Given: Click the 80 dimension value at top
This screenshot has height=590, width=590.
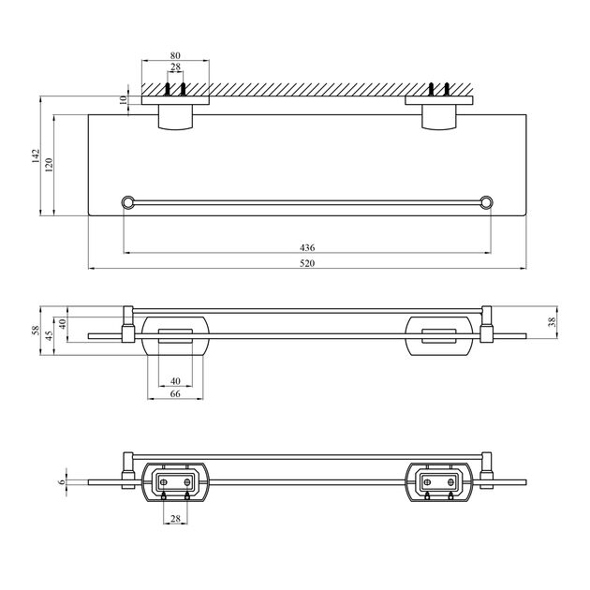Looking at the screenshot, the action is (x=175, y=55).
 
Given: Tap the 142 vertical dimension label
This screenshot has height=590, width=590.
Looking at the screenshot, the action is (x=36, y=155).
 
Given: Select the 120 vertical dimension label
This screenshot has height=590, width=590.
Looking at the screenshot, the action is (x=49, y=165).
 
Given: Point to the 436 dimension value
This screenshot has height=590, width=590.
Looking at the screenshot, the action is (x=307, y=247).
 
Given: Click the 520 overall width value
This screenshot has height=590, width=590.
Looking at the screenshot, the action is (x=307, y=263).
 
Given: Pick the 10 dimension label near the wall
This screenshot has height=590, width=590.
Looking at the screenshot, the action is (x=123, y=100).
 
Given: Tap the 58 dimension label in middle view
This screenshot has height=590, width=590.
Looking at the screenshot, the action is (x=36, y=330).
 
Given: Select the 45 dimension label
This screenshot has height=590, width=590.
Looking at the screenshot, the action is (x=49, y=336).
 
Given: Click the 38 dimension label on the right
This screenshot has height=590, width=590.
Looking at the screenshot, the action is (x=552, y=322).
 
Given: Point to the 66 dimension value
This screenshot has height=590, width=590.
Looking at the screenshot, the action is (x=175, y=393).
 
